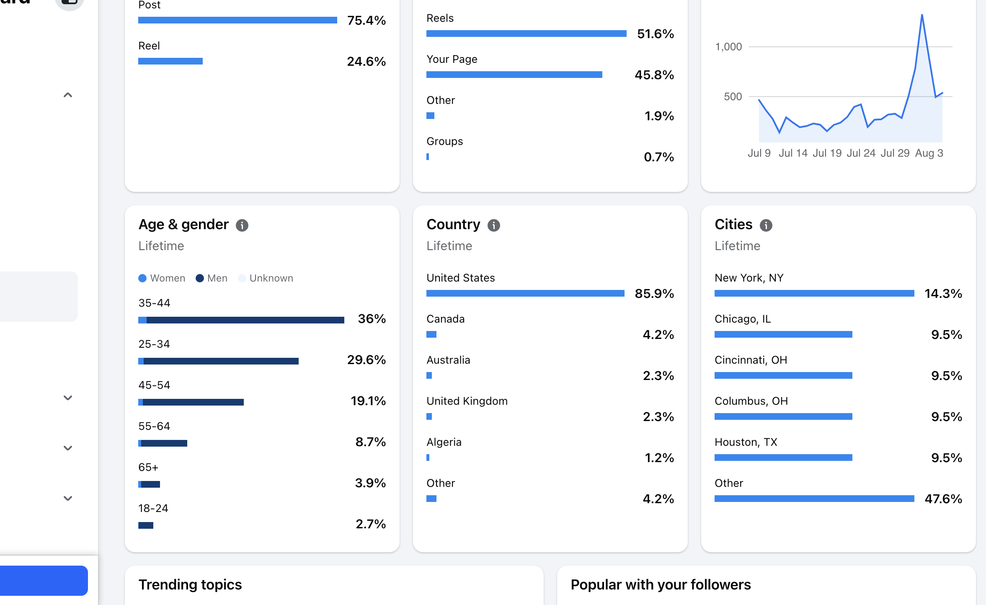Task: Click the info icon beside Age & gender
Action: click(x=242, y=225)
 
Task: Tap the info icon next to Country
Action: click(x=494, y=225)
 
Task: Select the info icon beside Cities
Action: click(x=766, y=225)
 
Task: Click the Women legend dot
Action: click(x=142, y=278)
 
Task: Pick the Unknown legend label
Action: click(x=271, y=278)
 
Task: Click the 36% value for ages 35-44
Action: click(x=372, y=319)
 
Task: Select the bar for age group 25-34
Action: click(x=218, y=361)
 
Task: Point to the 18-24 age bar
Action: click(x=146, y=525)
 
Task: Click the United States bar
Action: click(x=525, y=293)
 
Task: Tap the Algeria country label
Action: click(x=444, y=442)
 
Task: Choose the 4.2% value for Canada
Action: click(x=658, y=335)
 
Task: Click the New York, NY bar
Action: click(x=814, y=293)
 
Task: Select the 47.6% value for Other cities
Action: click(x=943, y=499)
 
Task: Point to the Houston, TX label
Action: click(x=746, y=442)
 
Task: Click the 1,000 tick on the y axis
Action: click(x=728, y=47)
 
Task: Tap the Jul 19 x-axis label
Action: click(x=827, y=153)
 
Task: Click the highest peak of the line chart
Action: click(x=922, y=15)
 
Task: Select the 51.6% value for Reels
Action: click(x=656, y=34)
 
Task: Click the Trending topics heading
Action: click(x=190, y=585)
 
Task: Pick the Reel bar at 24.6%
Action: click(x=170, y=61)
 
